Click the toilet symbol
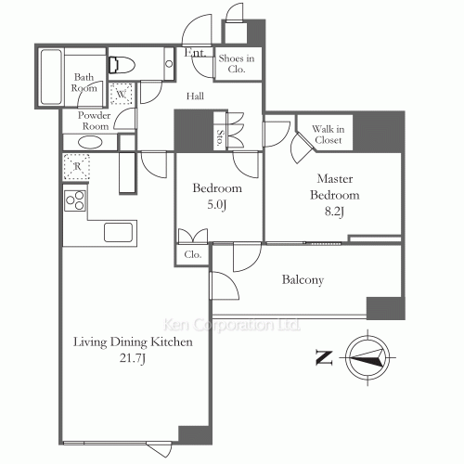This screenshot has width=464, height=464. (122, 65)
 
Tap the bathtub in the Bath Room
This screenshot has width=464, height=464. (51, 77)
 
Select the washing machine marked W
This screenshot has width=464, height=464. (122, 93)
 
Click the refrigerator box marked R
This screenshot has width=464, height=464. (77, 167)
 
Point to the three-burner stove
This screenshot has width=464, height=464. (75, 200)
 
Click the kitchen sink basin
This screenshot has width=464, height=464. (119, 232)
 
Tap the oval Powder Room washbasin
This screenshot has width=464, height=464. (90, 143)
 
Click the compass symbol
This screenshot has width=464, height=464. (367, 357)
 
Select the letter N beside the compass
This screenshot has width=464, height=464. (324, 357)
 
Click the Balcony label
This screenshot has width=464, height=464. (303, 280)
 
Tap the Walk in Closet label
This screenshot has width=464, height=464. (329, 135)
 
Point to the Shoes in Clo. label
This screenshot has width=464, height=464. (237, 64)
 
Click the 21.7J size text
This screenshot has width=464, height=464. (133, 358)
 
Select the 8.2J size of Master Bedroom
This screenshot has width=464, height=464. (334, 212)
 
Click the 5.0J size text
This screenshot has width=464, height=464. (217, 205)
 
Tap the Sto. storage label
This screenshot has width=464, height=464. (220, 137)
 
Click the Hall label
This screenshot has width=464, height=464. (195, 97)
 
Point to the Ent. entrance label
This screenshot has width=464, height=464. (196, 52)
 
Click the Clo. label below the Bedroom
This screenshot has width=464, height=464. (193, 254)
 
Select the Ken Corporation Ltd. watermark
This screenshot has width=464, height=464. (232, 325)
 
